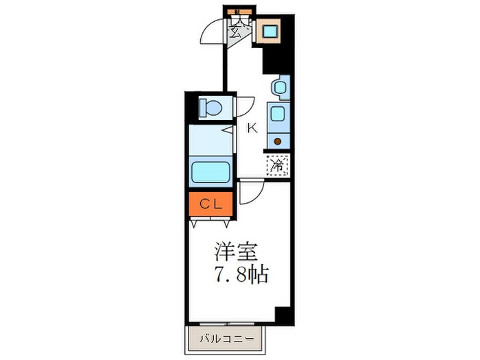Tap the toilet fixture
click(209, 108)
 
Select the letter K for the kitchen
click(252, 128)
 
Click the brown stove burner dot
click(278, 142)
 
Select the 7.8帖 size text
click(238, 275)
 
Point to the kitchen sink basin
click(278, 115)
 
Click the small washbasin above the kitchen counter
click(278, 88)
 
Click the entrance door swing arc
click(213, 32)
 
